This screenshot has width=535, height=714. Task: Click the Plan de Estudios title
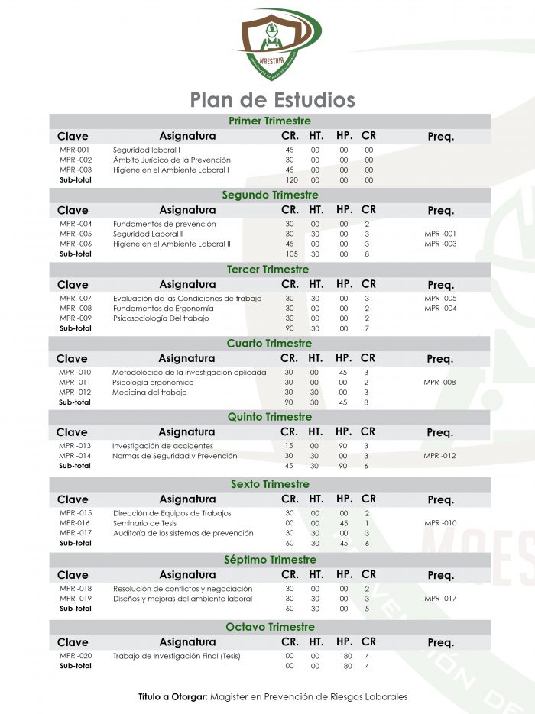tap(272, 99)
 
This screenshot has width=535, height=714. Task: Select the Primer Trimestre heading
tap(270, 121)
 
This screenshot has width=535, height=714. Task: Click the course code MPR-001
tap(75, 150)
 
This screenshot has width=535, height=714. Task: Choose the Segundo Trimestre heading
tap(270, 195)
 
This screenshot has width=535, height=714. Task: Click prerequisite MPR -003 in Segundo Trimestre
tap(440, 244)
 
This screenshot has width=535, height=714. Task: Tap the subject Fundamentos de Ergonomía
tap(163, 308)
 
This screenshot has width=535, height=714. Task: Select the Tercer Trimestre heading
tap(269, 269)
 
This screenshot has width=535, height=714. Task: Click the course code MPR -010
tap(75, 372)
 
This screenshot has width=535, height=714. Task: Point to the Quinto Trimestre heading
tap(269, 417)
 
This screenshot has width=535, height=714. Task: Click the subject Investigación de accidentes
tap(163, 445)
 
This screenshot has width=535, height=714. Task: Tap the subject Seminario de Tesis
tap(144, 523)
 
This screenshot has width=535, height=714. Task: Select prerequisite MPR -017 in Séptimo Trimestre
tap(440, 599)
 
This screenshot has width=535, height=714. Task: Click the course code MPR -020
tap(75, 656)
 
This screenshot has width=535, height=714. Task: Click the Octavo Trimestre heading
tap(270, 627)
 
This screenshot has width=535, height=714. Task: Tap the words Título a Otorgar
tap(173, 696)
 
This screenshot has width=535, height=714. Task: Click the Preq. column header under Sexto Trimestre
tap(440, 500)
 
